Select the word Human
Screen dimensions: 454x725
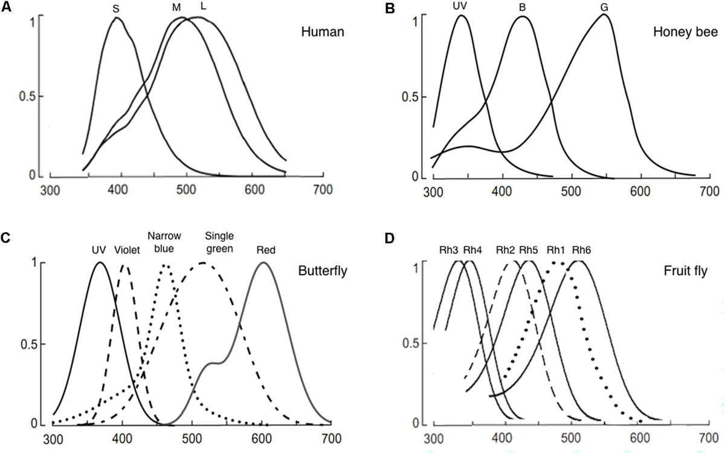(323, 32)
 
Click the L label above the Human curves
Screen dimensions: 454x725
(204, 7)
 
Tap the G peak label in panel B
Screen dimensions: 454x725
(604, 7)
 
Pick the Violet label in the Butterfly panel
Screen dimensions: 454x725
(127, 249)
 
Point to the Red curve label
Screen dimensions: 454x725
(263, 249)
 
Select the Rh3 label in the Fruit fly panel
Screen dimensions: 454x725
(448, 249)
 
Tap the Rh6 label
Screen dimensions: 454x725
(581, 249)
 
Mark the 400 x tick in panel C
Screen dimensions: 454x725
(123, 438)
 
